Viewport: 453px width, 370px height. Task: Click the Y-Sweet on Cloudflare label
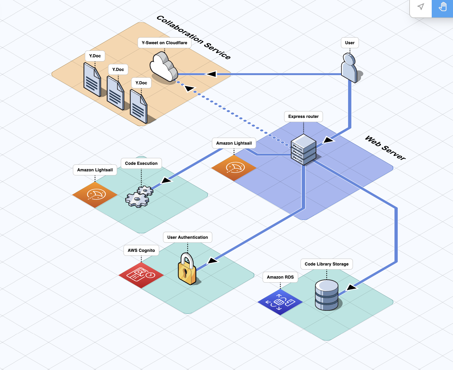tap(164, 43)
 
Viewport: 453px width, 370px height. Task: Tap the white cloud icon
tap(163, 67)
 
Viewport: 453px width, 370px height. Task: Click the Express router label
tap(303, 117)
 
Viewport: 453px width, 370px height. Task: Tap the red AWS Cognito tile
tap(141, 275)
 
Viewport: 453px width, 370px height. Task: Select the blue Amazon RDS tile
tap(280, 302)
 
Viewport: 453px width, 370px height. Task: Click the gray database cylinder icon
tap(326, 295)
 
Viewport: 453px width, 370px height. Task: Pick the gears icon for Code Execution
tap(139, 197)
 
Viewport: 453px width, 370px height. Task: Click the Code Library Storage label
tap(326, 264)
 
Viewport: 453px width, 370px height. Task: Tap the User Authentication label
tap(187, 237)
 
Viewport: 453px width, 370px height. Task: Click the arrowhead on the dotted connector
tap(189, 88)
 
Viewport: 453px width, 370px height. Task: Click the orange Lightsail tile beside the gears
tap(95, 195)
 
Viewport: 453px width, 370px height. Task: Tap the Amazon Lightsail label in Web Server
tap(234, 143)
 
